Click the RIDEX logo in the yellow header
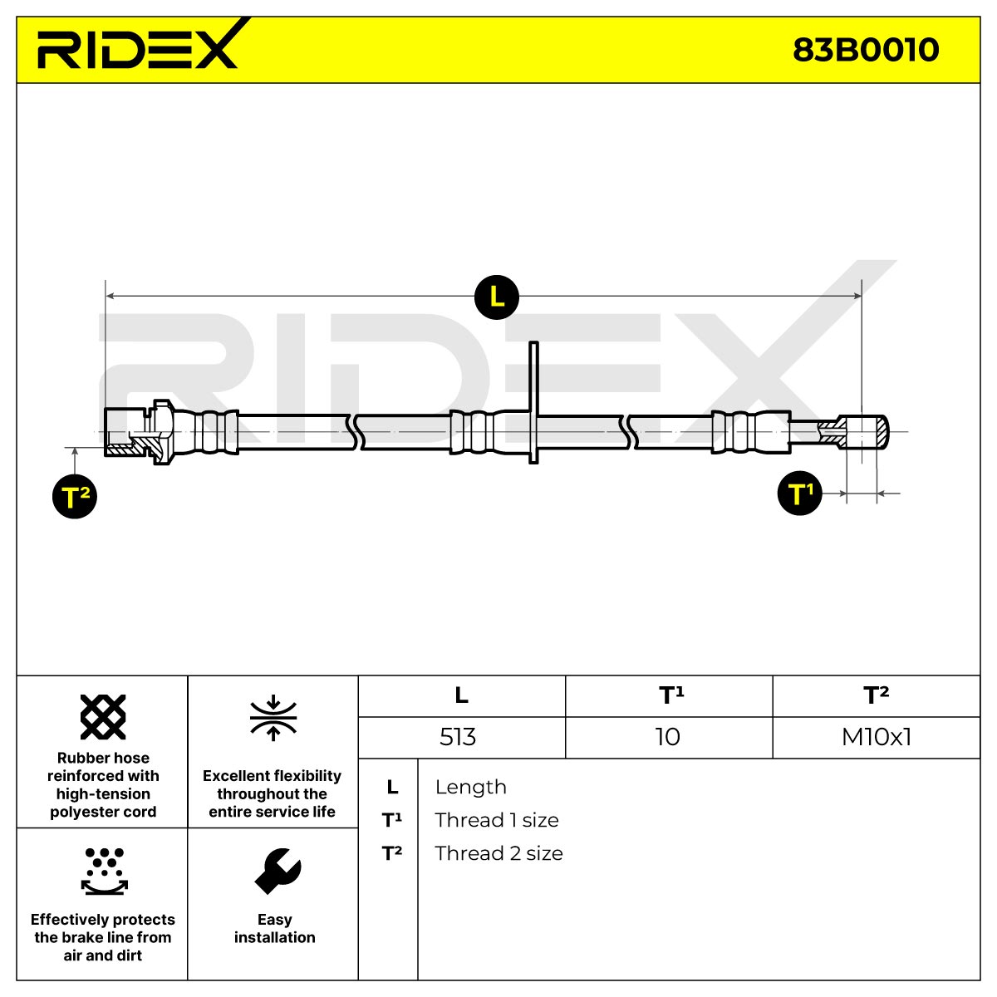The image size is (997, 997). coord(138,44)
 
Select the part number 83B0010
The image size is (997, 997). coord(866,50)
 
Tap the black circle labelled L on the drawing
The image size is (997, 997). coord(496,297)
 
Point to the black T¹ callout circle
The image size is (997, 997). coord(799,493)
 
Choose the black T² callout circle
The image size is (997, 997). coord(75,496)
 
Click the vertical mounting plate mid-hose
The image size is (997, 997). coord(533,402)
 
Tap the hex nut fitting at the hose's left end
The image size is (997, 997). coord(140,432)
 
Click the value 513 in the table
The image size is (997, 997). coord(457,737)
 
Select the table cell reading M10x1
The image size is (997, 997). coord(877,737)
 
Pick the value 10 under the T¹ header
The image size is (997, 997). coord(667,737)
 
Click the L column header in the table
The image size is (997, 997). coord(461,695)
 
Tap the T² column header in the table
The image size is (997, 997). coord(876,695)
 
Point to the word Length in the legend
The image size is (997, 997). coord(471,787)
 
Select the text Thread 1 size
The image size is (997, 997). coord(497,820)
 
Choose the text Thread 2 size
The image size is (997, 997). coord(498,853)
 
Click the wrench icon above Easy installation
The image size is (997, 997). coord(277,872)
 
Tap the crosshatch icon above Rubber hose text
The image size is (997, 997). coord(103,716)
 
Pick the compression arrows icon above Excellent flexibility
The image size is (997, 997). coord(273,718)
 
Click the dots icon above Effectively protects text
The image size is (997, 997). coord(105,872)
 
